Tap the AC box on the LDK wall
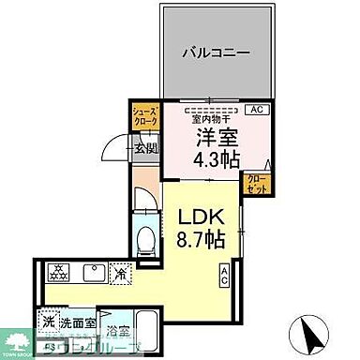click(225, 276)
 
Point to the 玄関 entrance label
click(144, 146)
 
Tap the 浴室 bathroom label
click(118, 330)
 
